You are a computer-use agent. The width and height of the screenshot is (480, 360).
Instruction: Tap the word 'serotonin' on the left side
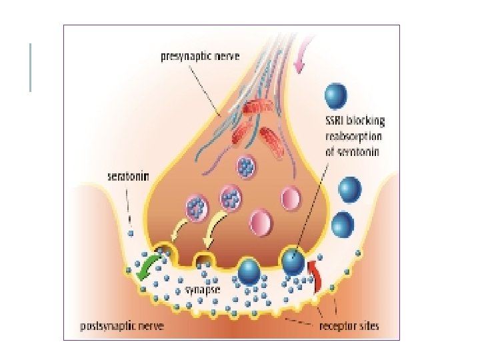coord(129,177)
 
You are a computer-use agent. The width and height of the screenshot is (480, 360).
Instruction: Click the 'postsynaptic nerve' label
coord(122,327)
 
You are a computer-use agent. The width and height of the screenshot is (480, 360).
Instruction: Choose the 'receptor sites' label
coord(349,327)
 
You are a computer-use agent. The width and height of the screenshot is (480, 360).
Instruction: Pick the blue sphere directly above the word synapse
coord(249,271)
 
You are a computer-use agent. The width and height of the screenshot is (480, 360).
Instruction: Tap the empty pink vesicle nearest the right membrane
coord(292,198)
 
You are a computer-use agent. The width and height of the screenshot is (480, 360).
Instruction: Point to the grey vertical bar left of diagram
coord(31,67)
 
